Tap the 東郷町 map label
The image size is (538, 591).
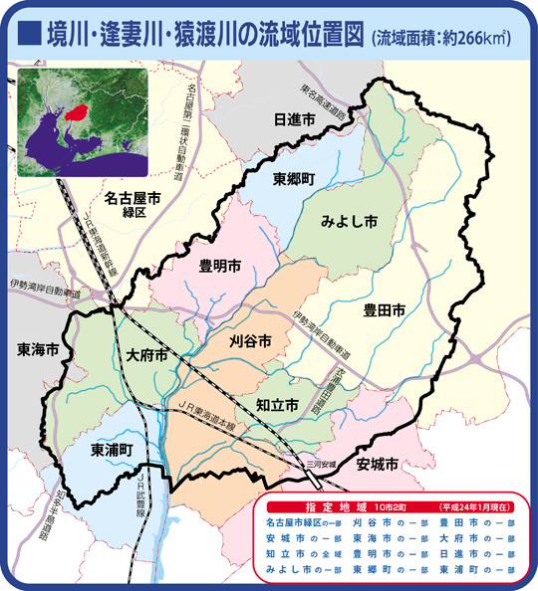coord(294,178)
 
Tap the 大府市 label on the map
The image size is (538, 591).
coord(146,354)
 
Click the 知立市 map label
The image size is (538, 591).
coord(277,406)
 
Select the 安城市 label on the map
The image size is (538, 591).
coord(377,464)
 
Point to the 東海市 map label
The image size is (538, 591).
coord(37,350)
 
